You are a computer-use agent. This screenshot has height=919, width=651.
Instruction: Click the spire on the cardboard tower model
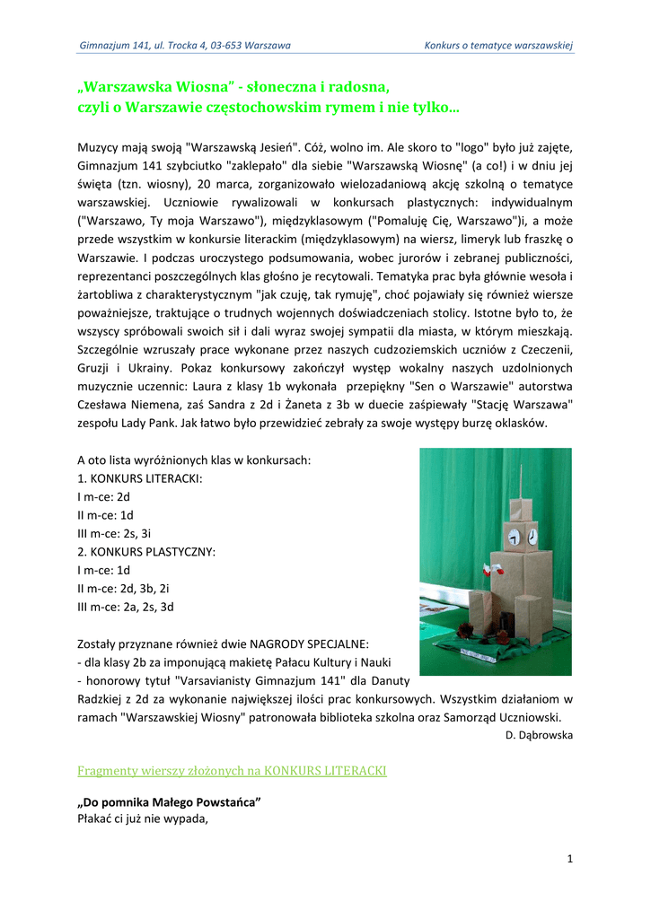click(520, 479)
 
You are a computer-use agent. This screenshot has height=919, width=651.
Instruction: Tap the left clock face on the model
click(515, 537)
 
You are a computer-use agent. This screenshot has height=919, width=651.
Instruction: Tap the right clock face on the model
click(532, 537)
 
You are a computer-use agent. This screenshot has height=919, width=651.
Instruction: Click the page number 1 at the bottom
click(569, 859)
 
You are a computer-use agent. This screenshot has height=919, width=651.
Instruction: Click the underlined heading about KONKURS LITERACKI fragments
click(233, 770)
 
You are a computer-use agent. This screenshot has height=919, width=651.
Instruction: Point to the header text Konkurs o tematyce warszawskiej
click(498, 45)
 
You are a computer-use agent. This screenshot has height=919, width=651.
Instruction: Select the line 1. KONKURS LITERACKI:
click(140, 478)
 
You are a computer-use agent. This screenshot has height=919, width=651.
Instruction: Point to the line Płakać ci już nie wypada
click(143, 818)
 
